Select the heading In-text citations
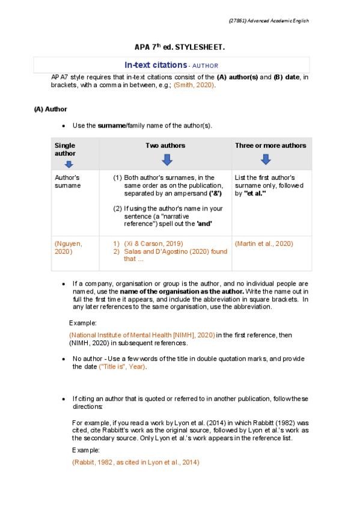coord(156,64)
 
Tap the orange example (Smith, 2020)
coord(194,85)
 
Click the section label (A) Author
coord(50,109)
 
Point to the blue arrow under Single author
coord(69,164)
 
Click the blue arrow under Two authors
coord(166,159)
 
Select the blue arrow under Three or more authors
coord(266,159)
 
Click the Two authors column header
coord(165,146)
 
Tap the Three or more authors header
coord(270,146)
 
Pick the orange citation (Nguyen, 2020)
coord(68,247)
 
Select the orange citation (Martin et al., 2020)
coord(264,244)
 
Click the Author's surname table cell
coord(67,182)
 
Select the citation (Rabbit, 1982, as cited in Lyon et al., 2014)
coord(135,462)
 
